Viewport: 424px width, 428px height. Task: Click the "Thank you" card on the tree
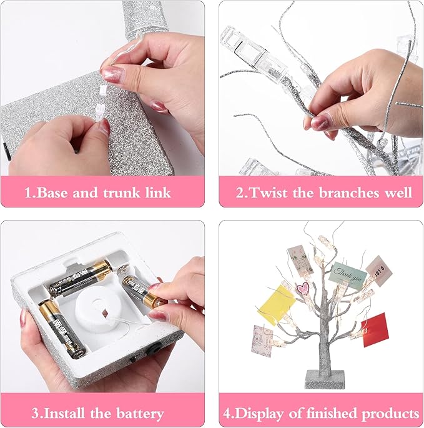pyautogui.click(x=347, y=274)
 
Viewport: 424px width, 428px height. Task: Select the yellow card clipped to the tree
pyautogui.click(x=276, y=305)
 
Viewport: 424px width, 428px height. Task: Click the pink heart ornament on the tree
pyautogui.click(x=302, y=289)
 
